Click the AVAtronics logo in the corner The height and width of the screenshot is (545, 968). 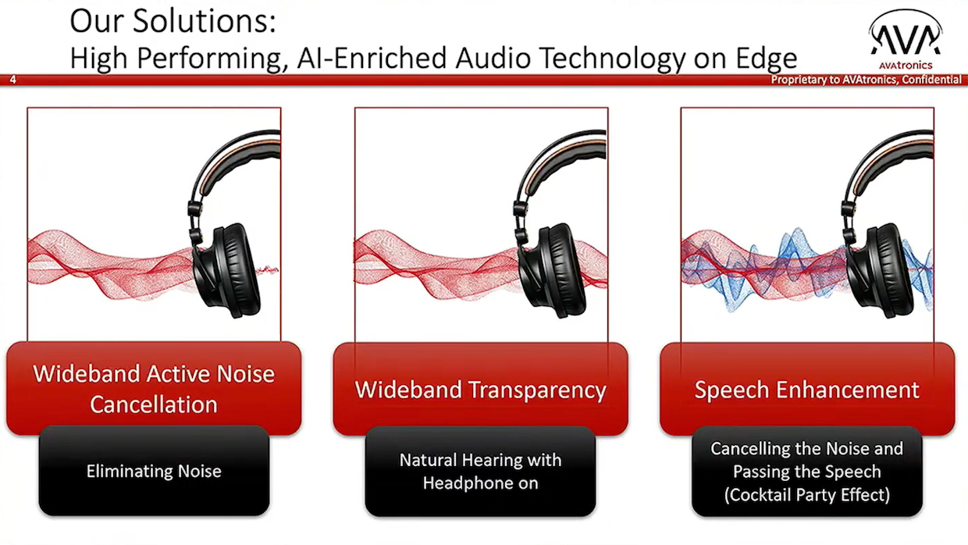point(906,40)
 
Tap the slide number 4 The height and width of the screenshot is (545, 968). point(13,80)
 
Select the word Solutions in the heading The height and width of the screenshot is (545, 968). point(204,22)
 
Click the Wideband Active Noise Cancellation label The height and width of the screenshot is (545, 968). point(154,389)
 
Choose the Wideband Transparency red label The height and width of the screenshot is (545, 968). point(481,389)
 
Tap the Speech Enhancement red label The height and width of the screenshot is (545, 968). point(807,389)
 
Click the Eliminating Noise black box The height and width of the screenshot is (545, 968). point(154,471)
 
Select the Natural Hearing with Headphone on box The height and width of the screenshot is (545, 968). point(481,471)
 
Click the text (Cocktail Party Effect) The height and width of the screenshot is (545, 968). point(807,495)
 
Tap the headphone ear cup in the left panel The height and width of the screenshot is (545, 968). point(227,270)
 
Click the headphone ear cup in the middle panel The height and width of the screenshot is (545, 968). point(553,270)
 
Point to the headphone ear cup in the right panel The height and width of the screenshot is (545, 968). point(880,270)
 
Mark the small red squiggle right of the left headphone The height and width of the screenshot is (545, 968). point(268,271)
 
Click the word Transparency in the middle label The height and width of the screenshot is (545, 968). point(538,390)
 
